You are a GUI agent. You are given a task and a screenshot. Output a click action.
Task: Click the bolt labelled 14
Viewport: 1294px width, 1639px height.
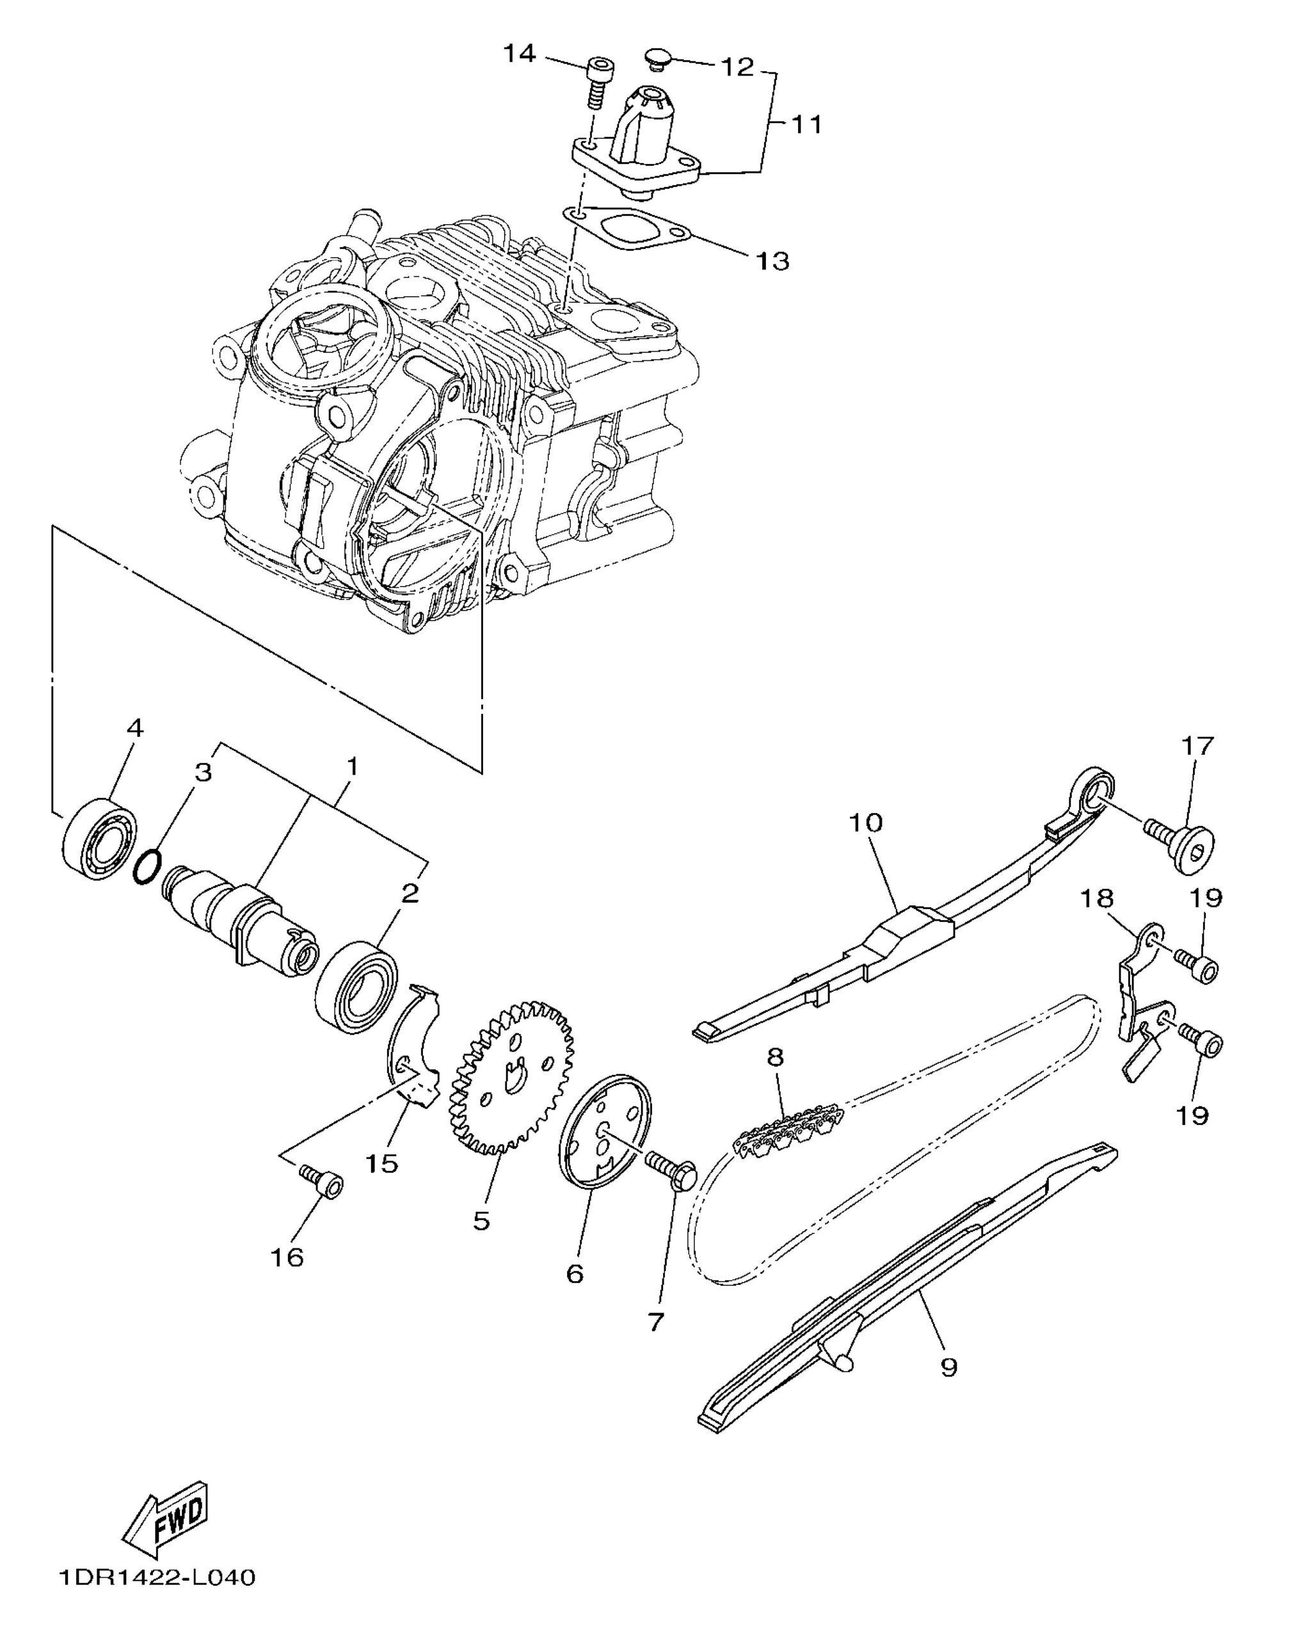tap(597, 82)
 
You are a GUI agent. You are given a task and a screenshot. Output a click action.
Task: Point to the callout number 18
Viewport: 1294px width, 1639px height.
tap(1098, 899)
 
